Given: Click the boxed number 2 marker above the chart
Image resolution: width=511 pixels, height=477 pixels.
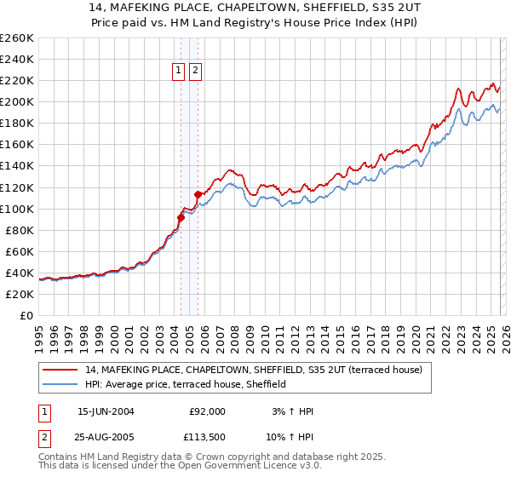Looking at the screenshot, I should (x=196, y=72).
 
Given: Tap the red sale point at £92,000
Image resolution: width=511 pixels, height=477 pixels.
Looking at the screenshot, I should (x=181, y=217).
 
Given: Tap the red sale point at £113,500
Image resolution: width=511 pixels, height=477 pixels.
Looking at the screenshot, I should (x=198, y=194).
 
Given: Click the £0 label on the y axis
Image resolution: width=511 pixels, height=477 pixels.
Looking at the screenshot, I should (x=26, y=315).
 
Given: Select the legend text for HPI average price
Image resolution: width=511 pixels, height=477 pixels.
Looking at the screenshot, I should (x=186, y=384).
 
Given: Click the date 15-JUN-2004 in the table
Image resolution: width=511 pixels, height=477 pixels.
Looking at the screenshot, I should (x=106, y=411).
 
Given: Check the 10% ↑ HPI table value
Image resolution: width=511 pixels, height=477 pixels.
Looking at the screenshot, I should (x=292, y=437).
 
